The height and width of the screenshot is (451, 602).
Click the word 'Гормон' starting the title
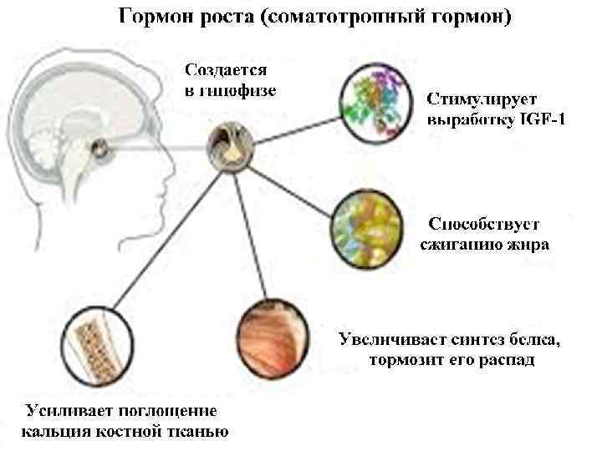coord(150,18)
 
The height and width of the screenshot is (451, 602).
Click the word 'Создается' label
coord(227,69)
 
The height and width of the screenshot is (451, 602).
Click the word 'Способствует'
coord(484,224)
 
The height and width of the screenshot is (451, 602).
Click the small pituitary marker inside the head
coord(100,149)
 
